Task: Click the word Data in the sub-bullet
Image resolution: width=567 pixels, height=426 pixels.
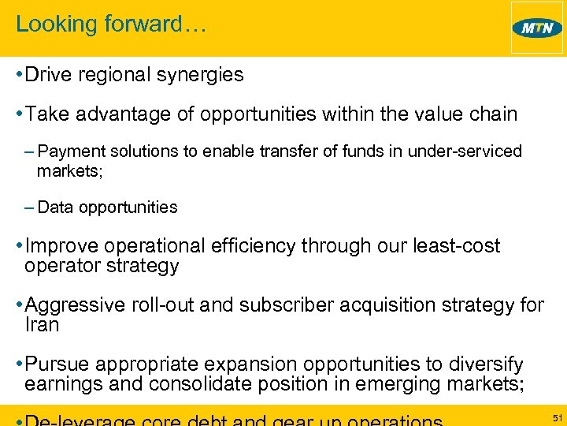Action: pyautogui.click(x=54, y=207)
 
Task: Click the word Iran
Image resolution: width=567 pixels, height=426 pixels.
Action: pyautogui.click(x=42, y=323)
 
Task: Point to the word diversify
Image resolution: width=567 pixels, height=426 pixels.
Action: pyautogui.click(x=483, y=364)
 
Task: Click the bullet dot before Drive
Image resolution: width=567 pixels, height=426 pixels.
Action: pyautogui.click(x=18, y=76)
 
